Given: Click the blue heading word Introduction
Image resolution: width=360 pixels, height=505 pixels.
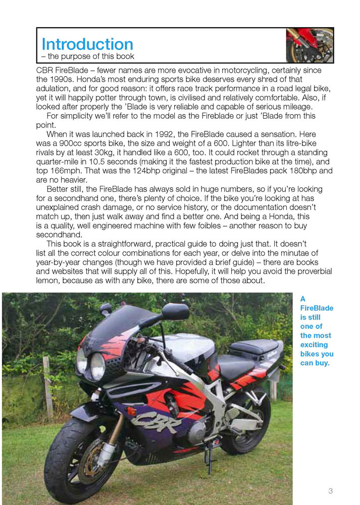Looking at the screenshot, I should (x=87, y=44).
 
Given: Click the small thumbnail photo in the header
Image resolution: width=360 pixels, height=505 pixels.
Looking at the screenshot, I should (x=310, y=45).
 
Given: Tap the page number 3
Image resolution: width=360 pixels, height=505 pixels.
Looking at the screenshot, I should (x=330, y=490).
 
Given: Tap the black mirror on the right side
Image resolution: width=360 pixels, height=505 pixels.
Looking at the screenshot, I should (x=175, y=312).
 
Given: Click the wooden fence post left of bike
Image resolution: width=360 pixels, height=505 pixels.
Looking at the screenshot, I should (x=47, y=386).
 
